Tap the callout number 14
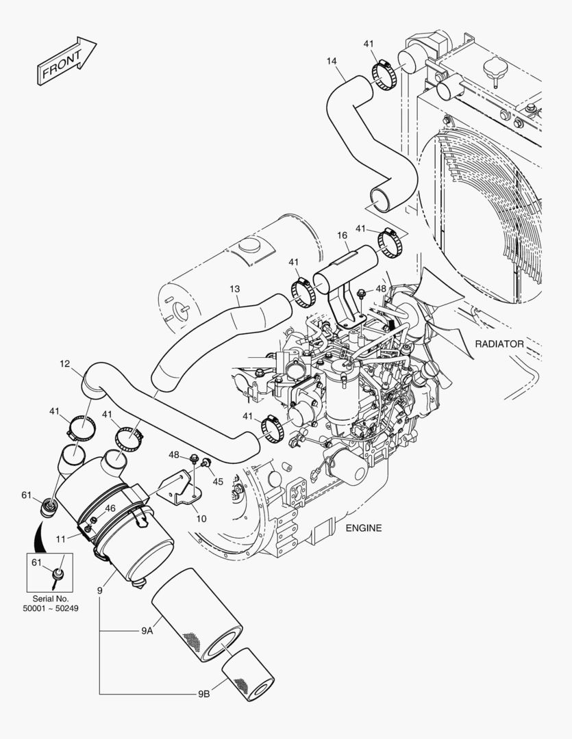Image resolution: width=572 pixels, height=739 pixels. pos(331,62)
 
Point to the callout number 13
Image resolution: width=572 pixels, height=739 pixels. pos(234,289)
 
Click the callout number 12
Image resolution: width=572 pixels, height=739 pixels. pos(64,364)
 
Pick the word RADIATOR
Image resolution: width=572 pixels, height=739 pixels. pos(499,344)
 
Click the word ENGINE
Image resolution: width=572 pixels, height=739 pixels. pos(363,528)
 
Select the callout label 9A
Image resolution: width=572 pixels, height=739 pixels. pos(147,632)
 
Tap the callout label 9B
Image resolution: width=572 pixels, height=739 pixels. pos(203,694)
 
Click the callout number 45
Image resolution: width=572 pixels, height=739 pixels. pos(218,482)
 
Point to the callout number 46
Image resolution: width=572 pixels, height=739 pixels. pos(110,508)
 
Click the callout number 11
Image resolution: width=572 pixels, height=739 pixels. pos(61,539)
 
